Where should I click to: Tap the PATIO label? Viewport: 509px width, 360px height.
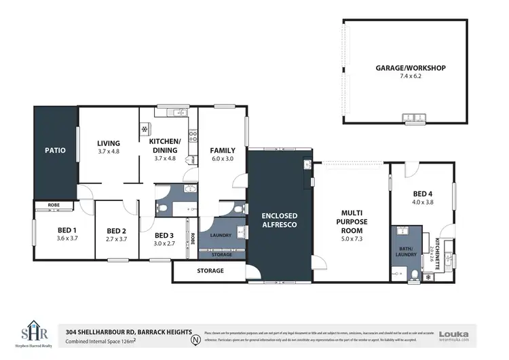tap(55, 150)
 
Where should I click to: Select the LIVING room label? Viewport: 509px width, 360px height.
tap(108, 143)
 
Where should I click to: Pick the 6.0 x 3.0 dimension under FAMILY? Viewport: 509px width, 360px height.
tap(222, 159)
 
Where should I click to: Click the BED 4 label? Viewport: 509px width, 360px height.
tap(421, 194)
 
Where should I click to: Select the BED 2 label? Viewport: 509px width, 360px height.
tap(117, 230)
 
